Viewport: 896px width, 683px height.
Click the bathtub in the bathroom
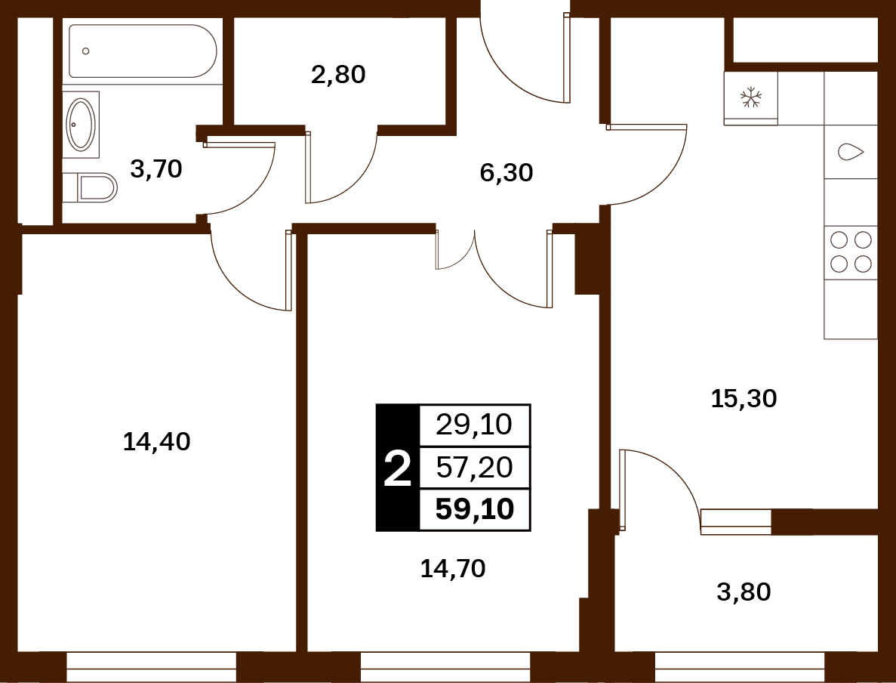click(143, 51)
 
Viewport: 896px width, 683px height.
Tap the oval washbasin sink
click(81, 125)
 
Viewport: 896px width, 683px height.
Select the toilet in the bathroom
click(97, 187)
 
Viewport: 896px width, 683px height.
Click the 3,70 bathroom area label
click(156, 168)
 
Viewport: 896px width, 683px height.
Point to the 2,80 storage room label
click(338, 75)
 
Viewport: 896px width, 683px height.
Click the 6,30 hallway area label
click(507, 172)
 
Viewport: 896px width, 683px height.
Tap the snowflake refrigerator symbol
click(751, 97)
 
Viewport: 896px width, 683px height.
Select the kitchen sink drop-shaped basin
click(851, 152)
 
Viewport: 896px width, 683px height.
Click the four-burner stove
click(851, 252)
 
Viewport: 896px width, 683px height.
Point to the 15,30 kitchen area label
click(744, 398)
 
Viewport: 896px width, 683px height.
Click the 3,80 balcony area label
click(744, 592)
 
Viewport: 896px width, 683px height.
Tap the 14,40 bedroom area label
click(156, 441)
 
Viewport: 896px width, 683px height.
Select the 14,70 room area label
click(453, 569)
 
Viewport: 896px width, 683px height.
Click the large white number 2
click(398, 468)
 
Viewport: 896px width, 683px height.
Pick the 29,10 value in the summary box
click(474, 425)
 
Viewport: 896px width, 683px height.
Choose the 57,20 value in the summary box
click(474, 468)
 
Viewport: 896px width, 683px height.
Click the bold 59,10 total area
click(474, 509)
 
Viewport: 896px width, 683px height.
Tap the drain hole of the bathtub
click(86, 51)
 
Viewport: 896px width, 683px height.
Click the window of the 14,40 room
click(152, 667)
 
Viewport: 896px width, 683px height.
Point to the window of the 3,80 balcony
click(740, 667)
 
